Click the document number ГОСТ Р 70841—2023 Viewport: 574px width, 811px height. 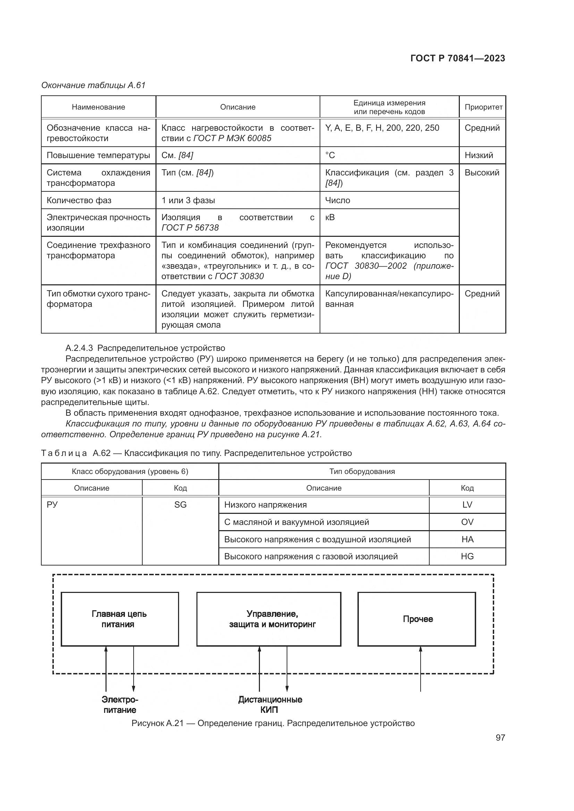458,58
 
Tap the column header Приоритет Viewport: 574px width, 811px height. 483,107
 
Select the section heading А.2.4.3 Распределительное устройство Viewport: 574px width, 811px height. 145,348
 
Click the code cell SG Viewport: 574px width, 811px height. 180,505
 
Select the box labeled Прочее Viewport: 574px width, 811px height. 417,619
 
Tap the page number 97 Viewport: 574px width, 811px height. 500,737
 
